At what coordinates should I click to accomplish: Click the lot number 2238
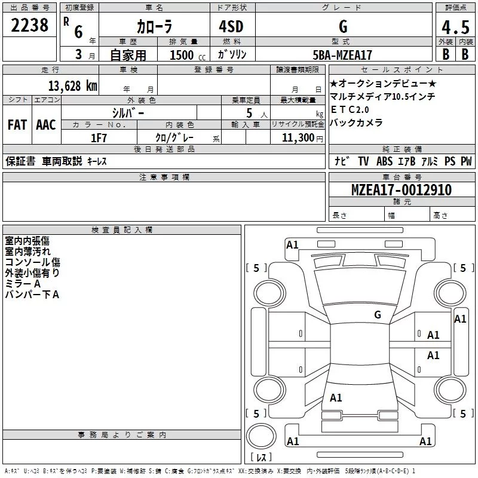click(x=29, y=25)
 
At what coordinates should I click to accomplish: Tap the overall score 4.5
click(x=455, y=27)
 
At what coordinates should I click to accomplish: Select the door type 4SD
click(x=231, y=26)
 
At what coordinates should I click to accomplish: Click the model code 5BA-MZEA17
click(x=342, y=55)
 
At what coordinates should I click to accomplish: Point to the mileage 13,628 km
click(x=73, y=85)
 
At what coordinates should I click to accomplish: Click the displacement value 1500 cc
click(x=188, y=55)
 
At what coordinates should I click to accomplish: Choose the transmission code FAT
click(x=17, y=125)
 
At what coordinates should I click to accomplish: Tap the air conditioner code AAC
click(x=46, y=125)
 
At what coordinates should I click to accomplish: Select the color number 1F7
click(x=99, y=138)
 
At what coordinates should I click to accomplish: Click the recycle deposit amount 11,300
click(x=298, y=138)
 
